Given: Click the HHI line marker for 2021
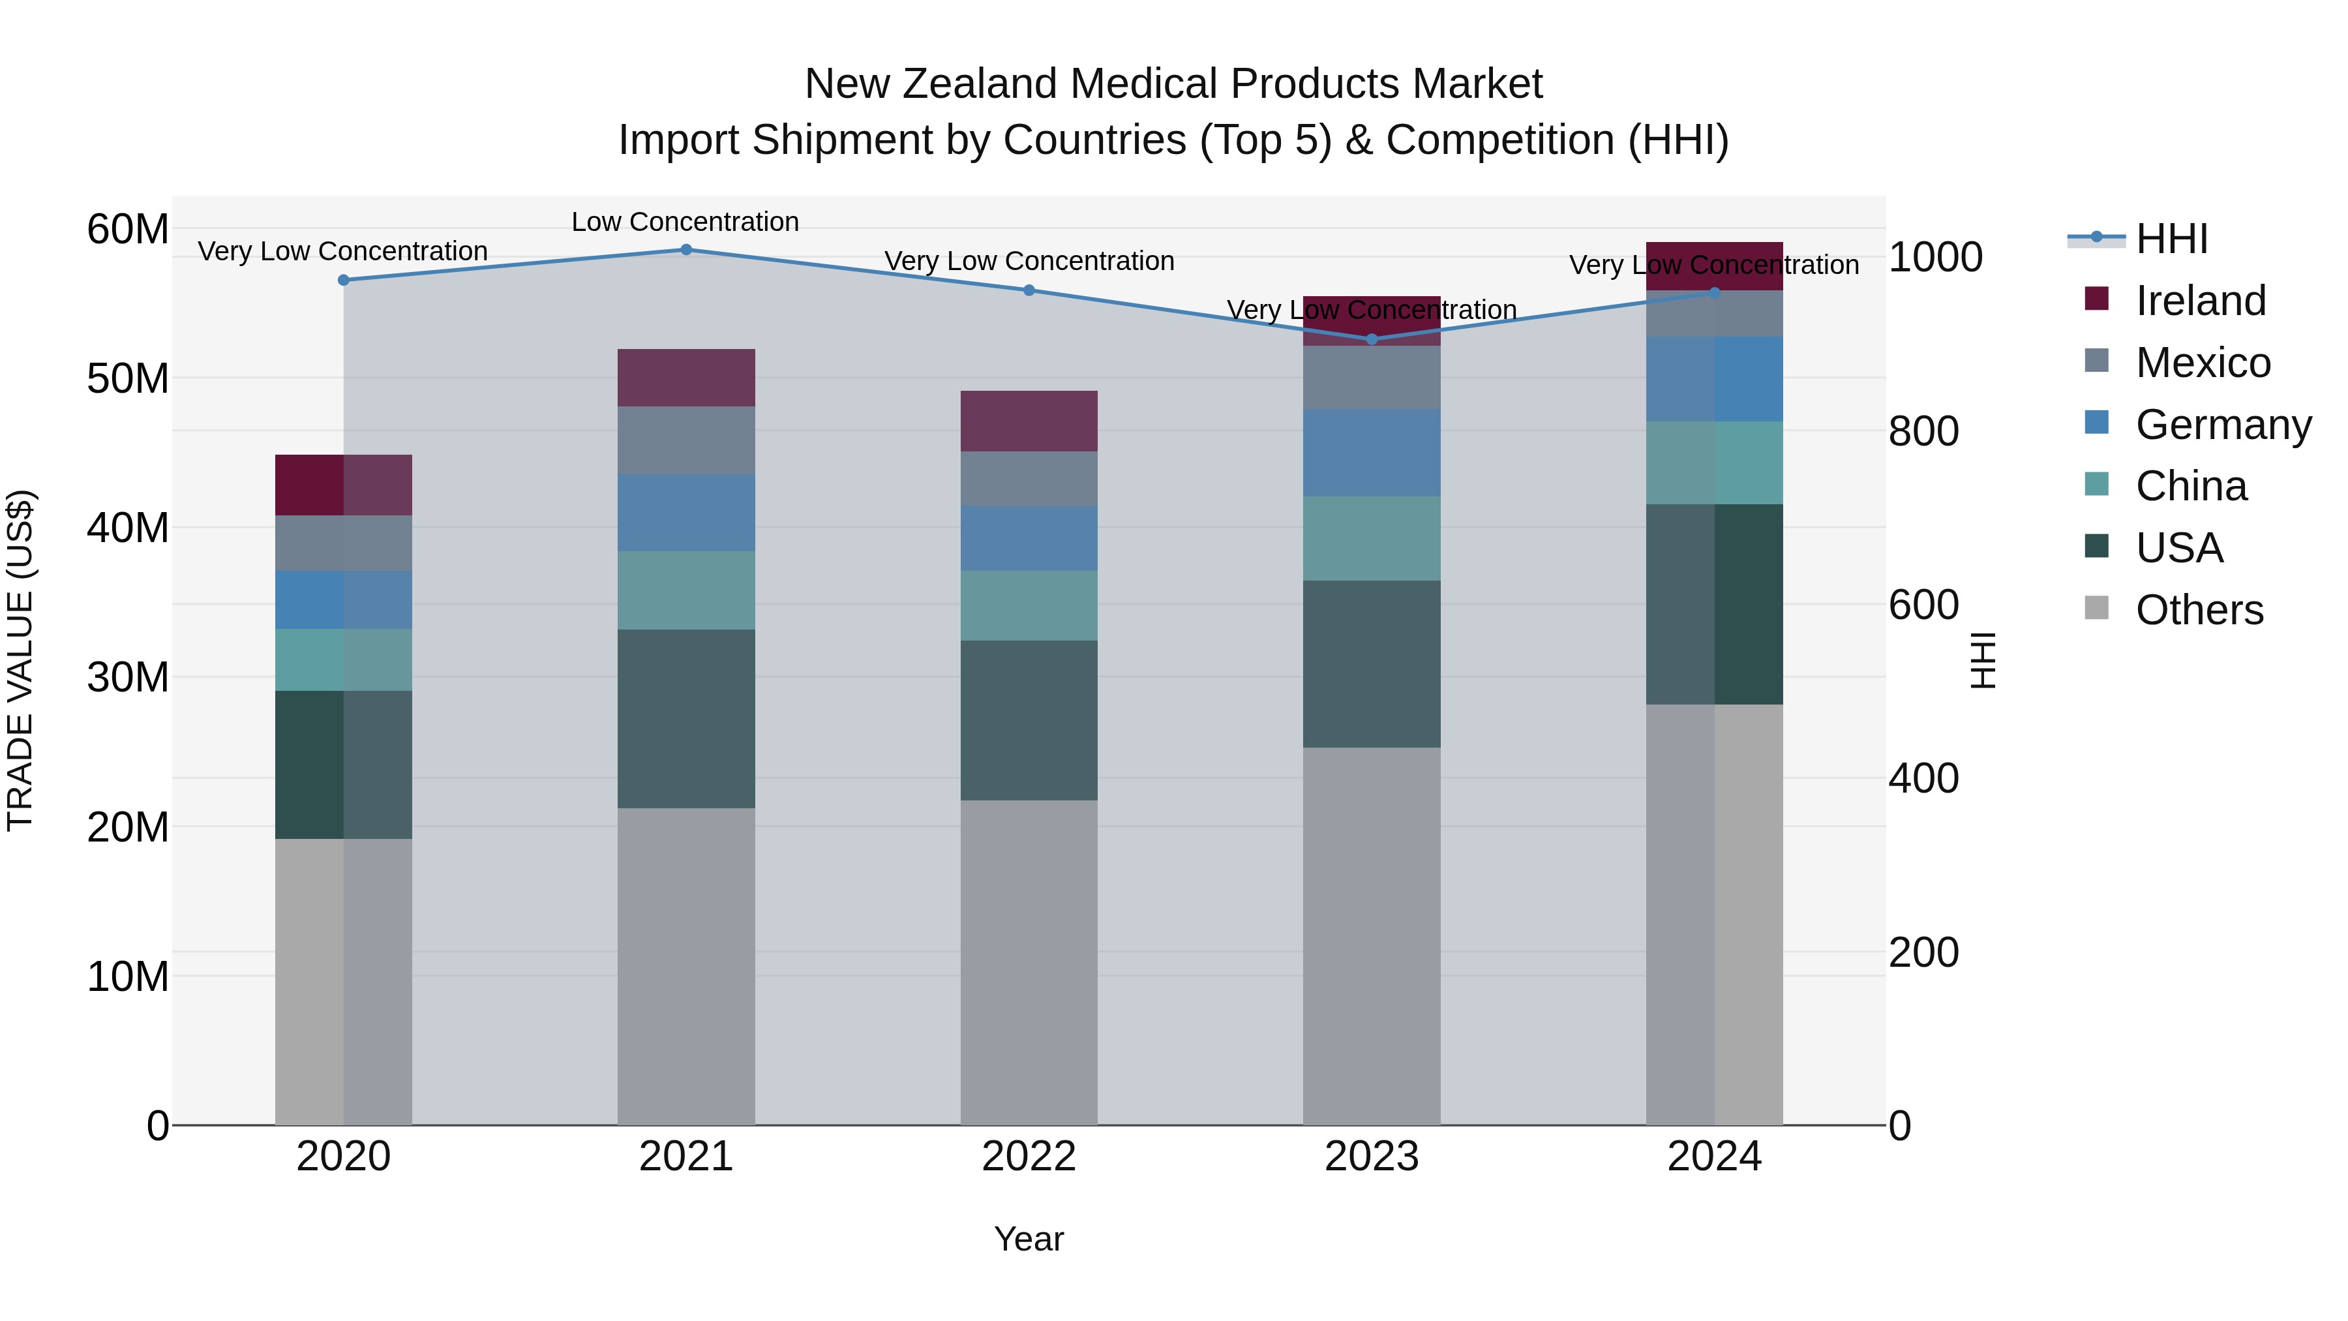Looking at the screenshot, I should click(686, 250).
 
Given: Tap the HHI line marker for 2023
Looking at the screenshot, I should click(1372, 339).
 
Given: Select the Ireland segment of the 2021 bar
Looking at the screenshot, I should click(686, 378).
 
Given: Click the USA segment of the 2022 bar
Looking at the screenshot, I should click(1029, 720).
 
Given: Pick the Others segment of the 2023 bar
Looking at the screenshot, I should click(1372, 936).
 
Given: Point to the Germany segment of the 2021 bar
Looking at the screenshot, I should click(686, 512).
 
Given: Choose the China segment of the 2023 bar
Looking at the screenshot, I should click(1372, 539).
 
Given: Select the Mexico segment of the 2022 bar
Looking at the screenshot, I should click(1029, 479).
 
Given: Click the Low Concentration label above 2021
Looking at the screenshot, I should click(685, 222).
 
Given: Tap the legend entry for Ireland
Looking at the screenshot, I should click(2199, 301).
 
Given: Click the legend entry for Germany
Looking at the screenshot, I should click(2222, 425).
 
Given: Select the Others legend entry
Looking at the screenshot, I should click(2199, 610).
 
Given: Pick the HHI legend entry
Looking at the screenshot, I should click(2171, 239).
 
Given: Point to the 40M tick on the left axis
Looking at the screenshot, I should click(128, 528).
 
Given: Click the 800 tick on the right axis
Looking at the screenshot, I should click(1923, 431).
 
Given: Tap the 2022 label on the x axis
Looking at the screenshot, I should click(1029, 1157).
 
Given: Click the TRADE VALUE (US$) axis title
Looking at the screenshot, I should click(20, 660).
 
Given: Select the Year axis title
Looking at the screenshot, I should click(1029, 1239).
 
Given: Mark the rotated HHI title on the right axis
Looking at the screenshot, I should click(1983, 660).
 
